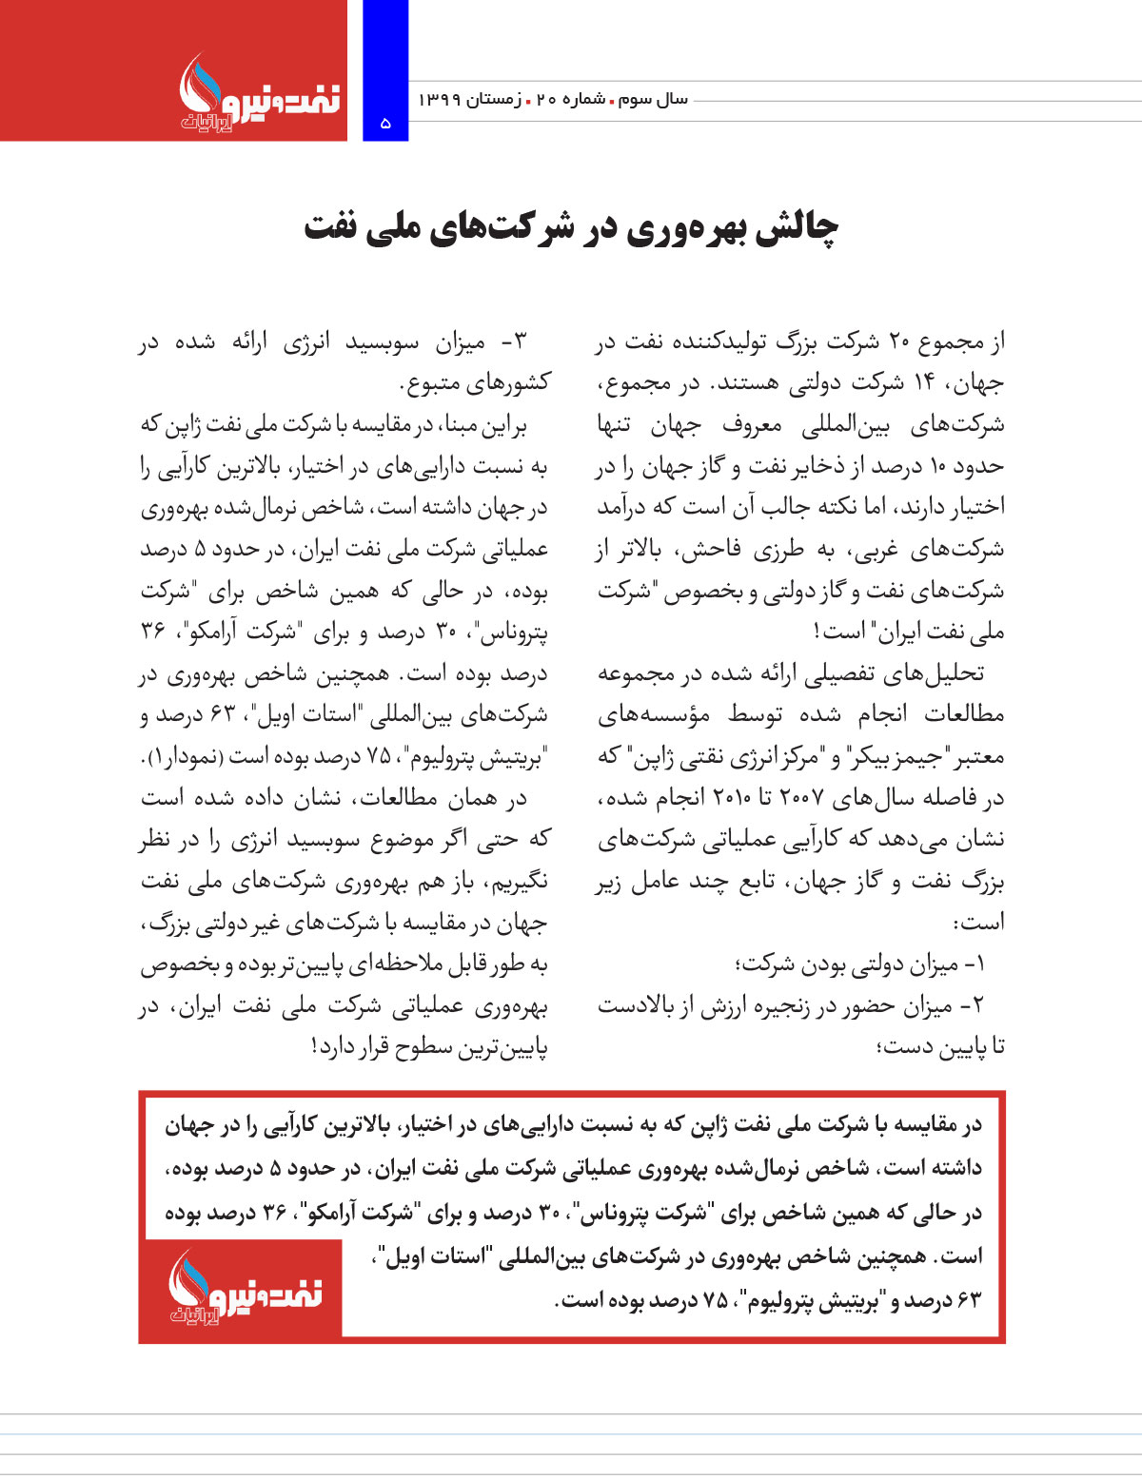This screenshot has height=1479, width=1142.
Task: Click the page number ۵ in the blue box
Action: pyautogui.click(x=385, y=123)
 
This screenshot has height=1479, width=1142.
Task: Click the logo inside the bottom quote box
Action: pyautogui.click(x=244, y=1288)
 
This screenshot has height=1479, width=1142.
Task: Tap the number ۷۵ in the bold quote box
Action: pyautogui.click(x=716, y=1300)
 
